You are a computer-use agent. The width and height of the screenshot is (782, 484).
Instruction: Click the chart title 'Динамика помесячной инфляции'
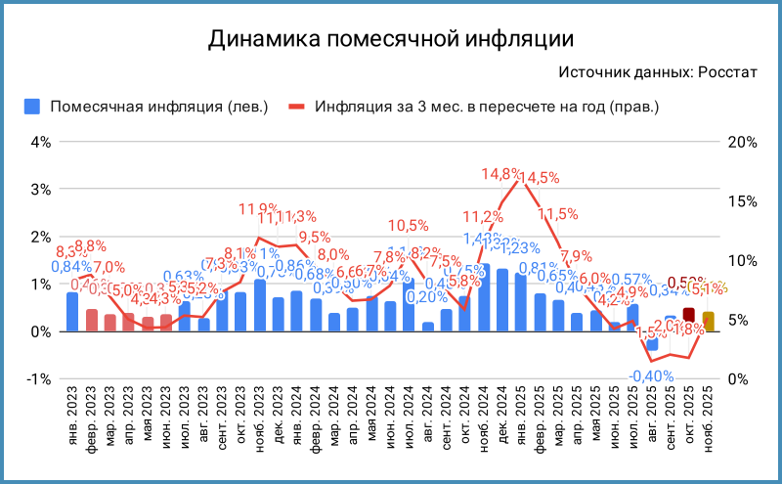click(x=390, y=39)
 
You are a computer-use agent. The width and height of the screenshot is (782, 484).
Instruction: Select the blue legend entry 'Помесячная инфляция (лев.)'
click(x=147, y=106)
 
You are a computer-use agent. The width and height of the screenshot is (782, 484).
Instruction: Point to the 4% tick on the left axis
click(x=40, y=141)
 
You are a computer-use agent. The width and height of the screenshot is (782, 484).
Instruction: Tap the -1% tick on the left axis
click(x=39, y=379)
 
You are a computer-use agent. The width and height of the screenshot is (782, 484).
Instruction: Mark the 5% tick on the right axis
click(x=740, y=320)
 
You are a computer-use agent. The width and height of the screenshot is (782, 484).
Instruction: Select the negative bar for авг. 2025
click(x=652, y=344)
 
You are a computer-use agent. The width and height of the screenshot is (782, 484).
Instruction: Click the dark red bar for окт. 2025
click(x=689, y=315)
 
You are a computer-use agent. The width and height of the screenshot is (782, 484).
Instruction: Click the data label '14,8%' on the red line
click(x=501, y=175)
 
